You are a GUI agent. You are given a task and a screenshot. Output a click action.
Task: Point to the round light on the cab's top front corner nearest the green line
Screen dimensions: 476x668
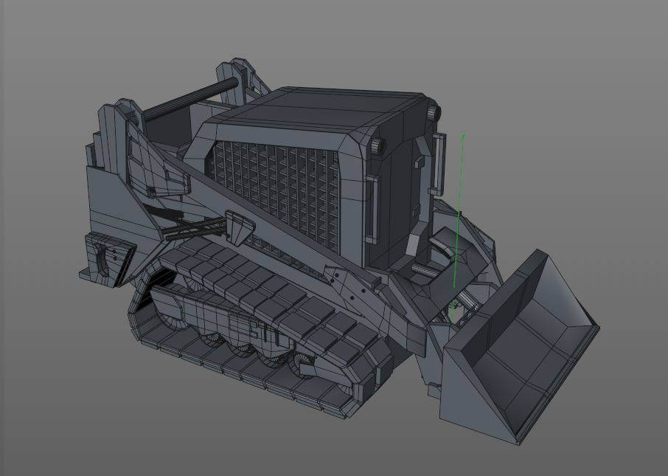[432, 113]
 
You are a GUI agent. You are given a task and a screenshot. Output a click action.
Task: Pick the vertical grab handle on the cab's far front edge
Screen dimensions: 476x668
[441, 162]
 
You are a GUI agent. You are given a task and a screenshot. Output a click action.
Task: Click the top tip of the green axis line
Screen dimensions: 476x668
[462, 136]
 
